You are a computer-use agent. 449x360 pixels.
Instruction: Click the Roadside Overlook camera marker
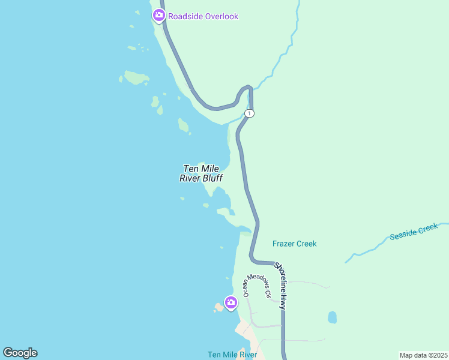(159, 15)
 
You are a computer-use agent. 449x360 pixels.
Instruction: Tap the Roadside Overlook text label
(203, 16)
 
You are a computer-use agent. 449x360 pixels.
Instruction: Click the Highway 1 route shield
(250, 113)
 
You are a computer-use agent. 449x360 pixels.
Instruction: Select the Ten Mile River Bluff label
(201, 173)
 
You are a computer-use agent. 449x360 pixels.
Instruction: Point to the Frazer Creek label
(294, 244)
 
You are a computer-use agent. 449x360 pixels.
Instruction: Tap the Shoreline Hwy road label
(287, 285)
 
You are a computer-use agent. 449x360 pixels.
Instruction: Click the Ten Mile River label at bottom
(232, 355)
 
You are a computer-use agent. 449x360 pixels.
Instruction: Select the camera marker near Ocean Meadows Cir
(231, 302)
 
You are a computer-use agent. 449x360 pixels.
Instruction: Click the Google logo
(20, 353)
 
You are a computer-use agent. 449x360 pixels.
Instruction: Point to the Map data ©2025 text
(423, 355)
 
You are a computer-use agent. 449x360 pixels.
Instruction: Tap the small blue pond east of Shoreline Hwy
(333, 316)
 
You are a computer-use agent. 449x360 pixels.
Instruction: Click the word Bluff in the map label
(212, 178)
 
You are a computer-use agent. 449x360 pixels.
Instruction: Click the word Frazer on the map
(284, 244)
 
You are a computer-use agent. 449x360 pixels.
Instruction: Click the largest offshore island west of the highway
(136, 77)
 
